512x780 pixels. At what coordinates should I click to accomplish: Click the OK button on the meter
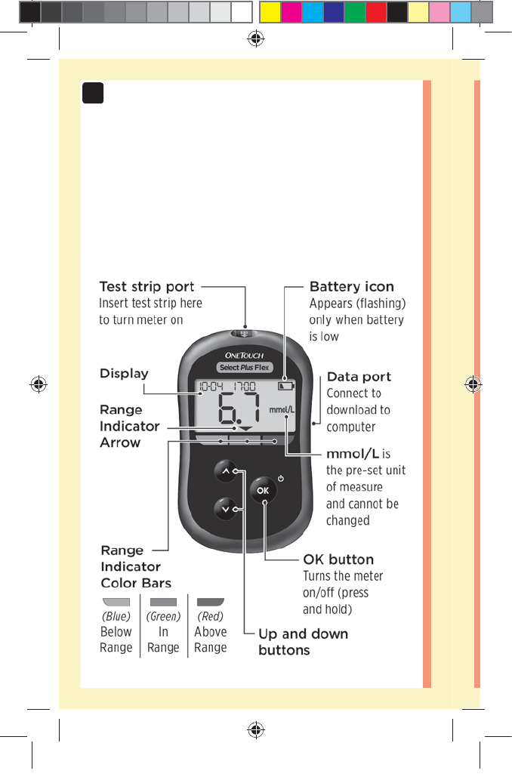pyautogui.click(x=262, y=490)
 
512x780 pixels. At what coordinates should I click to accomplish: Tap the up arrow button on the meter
pyautogui.click(x=226, y=473)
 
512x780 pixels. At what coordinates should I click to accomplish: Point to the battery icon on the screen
pyautogui.click(x=285, y=386)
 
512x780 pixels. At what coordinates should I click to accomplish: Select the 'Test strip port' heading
pyautogui.click(x=147, y=287)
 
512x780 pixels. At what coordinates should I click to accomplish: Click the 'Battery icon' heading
pyautogui.click(x=351, y=287)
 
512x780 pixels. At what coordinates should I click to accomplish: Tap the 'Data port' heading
pyautogui.click(x=359, y=377)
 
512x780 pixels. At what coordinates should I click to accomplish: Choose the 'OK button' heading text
pyautogui.click(x=338, y=560)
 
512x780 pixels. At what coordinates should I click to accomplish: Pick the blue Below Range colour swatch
pyautogui.click(x=116, y=602)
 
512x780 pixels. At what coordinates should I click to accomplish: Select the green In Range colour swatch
pyautogui.click(x=163, y=602)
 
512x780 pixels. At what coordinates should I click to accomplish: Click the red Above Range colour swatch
pyautogui.click(x=211, y=602)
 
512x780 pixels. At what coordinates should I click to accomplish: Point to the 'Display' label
pyautogui.click(x=124, y=374)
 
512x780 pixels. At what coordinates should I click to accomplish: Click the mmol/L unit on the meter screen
pyautogui.click(x=282, y=411)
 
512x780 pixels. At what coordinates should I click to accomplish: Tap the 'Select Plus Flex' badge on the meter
pyautogui.click(x=244, y=368)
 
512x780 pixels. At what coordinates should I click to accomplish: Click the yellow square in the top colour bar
pyautogui.click(x=270, y=11)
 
